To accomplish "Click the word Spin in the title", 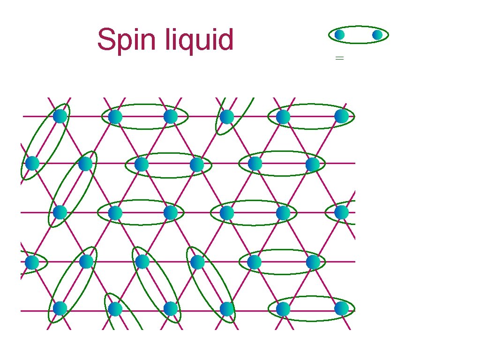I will [127, 40].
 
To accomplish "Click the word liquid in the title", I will [200, 40].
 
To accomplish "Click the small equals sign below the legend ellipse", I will [340, 58].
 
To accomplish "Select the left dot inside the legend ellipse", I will [340, 35].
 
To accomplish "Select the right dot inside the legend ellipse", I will [377, 35].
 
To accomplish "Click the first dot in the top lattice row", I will [60, 116].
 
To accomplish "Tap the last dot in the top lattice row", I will [342, 116].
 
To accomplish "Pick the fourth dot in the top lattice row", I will [227, 117].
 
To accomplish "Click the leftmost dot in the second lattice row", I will [32, 163].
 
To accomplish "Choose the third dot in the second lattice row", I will [142, 164].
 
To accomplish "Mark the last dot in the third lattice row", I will [342, 212].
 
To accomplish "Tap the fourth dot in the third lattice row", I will [227, 212].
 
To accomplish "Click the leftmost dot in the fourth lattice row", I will [32, 262].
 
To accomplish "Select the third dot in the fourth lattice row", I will [142, 262].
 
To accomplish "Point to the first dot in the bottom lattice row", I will [60, 308].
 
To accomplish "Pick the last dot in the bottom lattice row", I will [342, 308].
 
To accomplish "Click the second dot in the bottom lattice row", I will [115, 309].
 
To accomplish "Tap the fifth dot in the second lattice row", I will [255, 164].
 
